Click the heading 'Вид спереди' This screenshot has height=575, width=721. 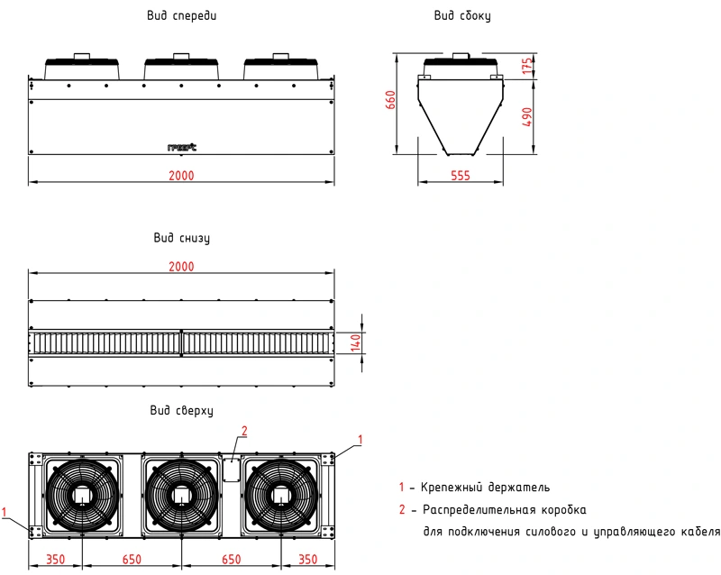pyautogui.click(x=180, y=16)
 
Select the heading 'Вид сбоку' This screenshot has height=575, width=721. pyautogui.click(x=462, y=16)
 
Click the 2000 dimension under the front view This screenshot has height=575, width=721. pyautogui.click(x=181, y=175)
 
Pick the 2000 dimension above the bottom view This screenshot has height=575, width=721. pyautogui.click(x=181, y=267)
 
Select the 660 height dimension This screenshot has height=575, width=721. pyautogui.click(x=391, y=100)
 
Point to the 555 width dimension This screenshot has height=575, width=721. pyautogui.click(x=460, y=177)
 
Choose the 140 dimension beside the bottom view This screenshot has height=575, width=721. pyautogui.click(x=354, y=342)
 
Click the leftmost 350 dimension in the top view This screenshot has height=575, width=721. pyautogui.click(x=56, y=560)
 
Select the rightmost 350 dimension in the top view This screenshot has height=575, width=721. pyautogui.click(x=307, y=560)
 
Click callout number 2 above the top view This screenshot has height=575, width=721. pyautogui.click(x=242, y=430)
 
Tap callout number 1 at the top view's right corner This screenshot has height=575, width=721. pyautogui.click(x=360, y=439)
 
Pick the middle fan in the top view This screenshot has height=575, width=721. pyautogui.click(x=181, y=495)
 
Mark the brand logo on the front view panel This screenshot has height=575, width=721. pyautogui.click(x=181, y=147)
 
